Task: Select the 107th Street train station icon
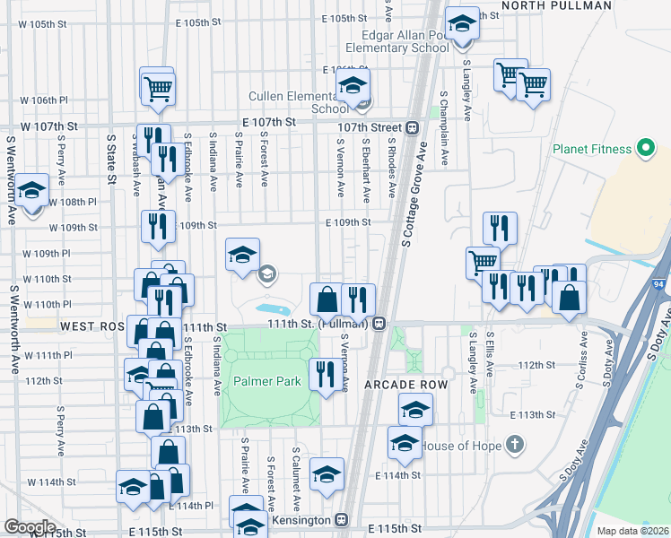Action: pos(412,127)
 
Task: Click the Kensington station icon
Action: pos(341,519)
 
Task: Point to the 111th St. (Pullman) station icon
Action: pos(380,323)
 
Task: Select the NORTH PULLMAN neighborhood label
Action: pos(556,5)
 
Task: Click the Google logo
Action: pos(30,526)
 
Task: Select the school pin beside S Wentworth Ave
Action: pos(32,191)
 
